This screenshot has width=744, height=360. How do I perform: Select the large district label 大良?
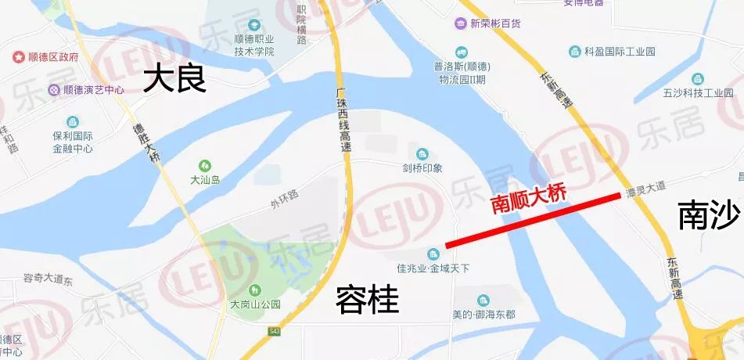[x=174, y=80]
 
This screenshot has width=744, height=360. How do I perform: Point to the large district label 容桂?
[x=367, y=299]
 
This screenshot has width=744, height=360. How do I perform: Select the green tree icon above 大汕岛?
[x=205, y=166]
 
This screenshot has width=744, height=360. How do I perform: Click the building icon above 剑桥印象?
[x=422, y=153]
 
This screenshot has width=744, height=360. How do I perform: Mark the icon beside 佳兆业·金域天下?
[x=433, y=254]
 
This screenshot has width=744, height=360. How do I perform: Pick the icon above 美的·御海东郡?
[x=483, y=301]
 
